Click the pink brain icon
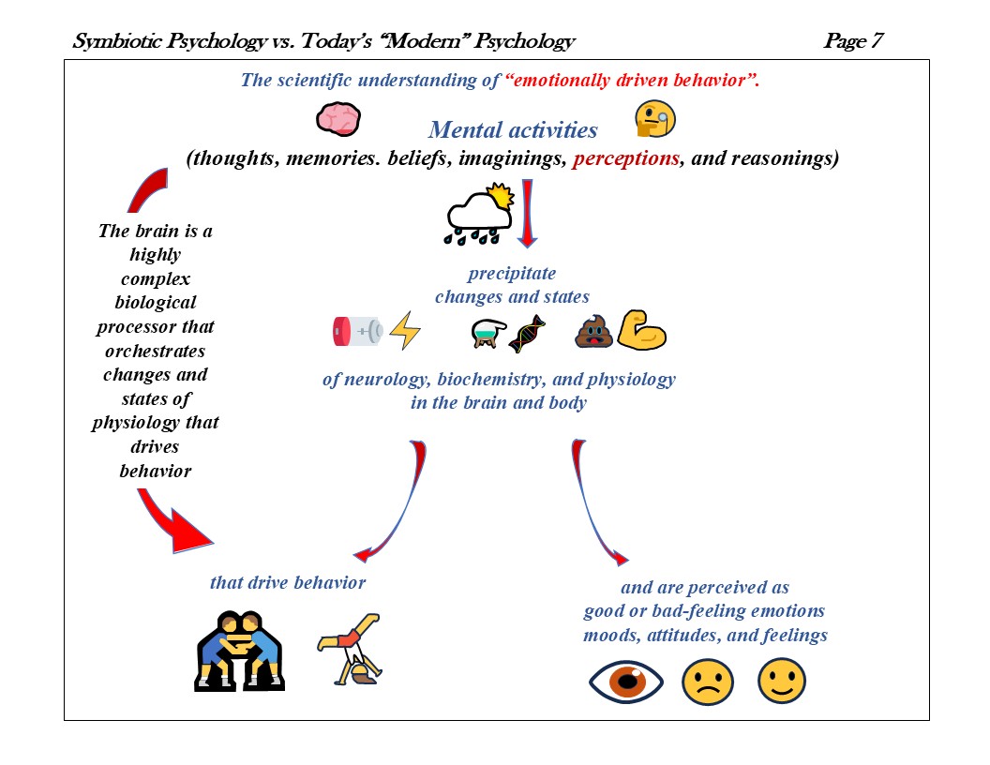(338, 118)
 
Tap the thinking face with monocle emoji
(655, 119)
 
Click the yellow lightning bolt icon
(405, 331)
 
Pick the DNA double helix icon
(527, 333)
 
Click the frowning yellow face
(706, 682)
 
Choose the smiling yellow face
(782, 682)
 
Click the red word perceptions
(625, 158)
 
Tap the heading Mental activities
(513, 129)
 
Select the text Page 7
(852, 41)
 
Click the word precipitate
(512, 274)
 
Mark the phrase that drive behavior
(288, 582)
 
